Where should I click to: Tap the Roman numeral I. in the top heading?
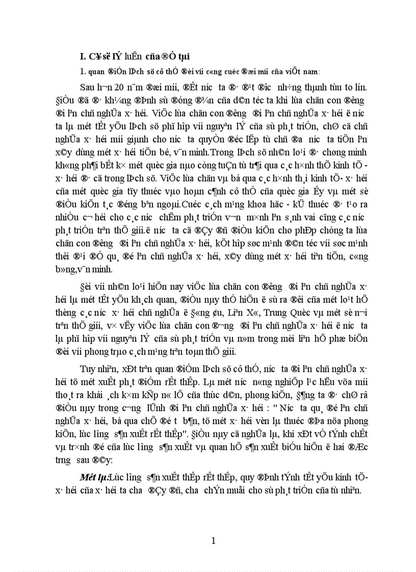pyautogui.click(x=77, y=54)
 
